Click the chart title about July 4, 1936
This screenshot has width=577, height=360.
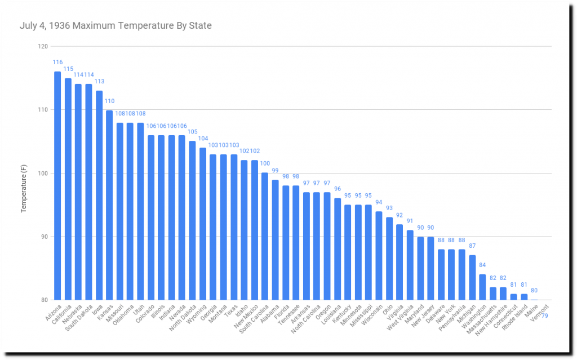[x=116, y=25]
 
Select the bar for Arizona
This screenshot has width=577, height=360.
[x=57, y=186]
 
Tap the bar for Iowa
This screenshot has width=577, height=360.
[x=99, y=195]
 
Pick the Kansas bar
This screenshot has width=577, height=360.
[x=109, y=205]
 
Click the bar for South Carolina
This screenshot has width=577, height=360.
[x=264, y=237]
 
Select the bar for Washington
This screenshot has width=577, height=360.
[x=482, y=287]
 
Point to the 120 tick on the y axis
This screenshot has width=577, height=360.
[x=43, y=46]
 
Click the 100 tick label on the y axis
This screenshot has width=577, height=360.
[x=43, y=174]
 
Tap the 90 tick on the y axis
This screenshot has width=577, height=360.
[x=44, y=237]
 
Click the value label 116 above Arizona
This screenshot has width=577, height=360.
[x=57, y=62]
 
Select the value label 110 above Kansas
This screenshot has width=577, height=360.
[x=109, y=101]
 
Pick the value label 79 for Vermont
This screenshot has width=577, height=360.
[x=545, y=315]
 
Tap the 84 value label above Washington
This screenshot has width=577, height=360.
[x=482, y=265]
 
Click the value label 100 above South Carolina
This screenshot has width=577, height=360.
[x=264, y=163]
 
